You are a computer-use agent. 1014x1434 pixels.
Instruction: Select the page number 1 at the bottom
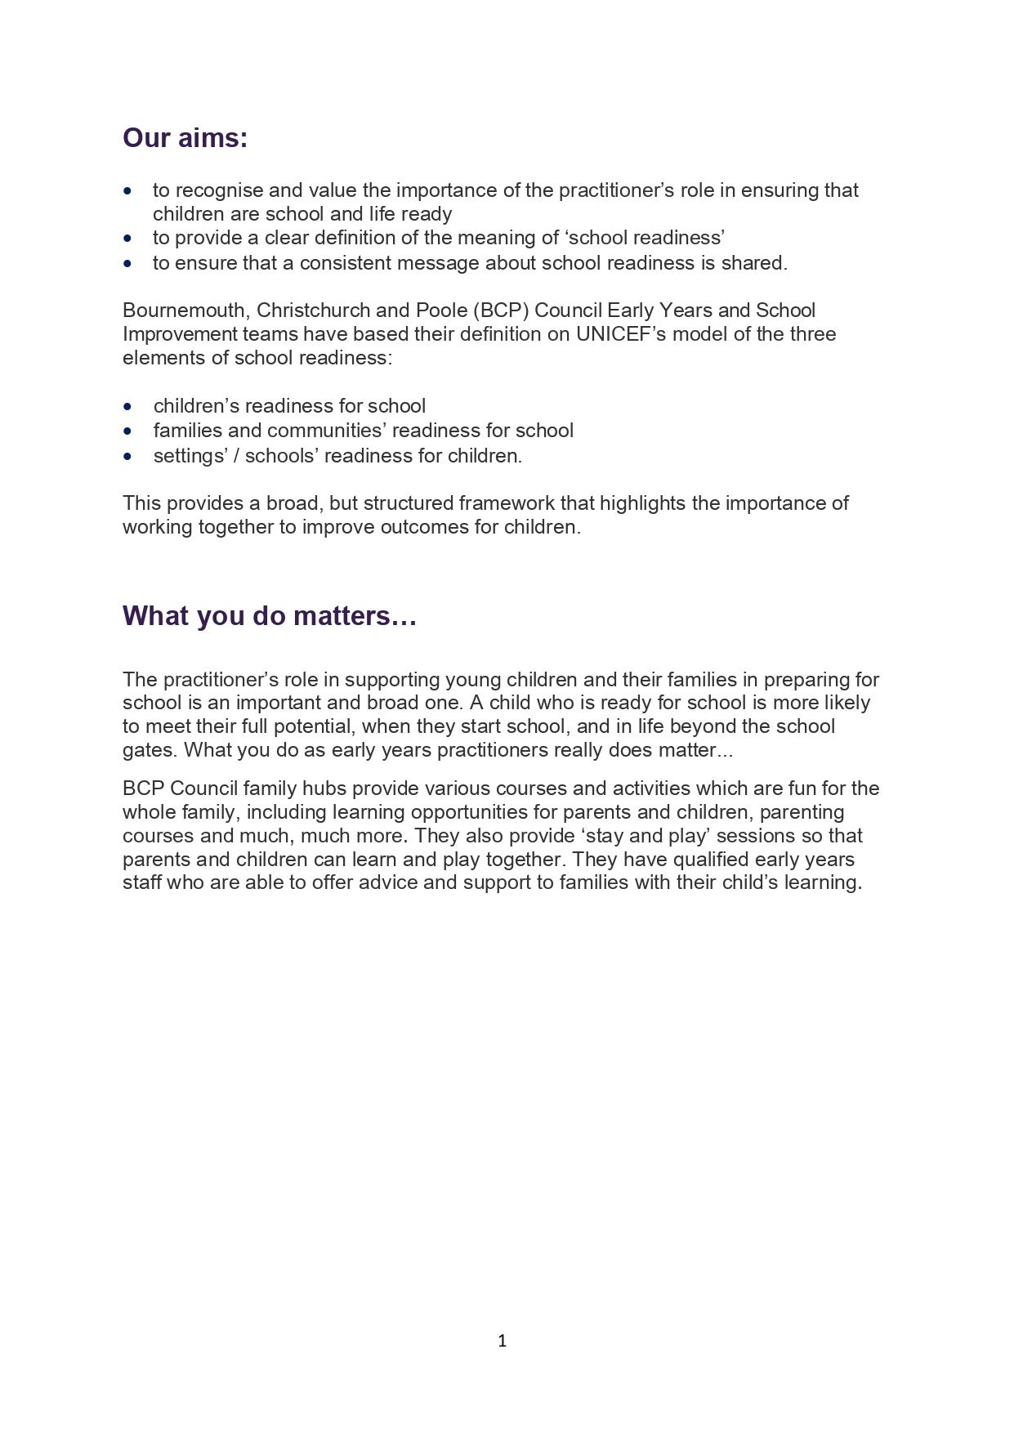pyautogui.click(x=502, y=1340)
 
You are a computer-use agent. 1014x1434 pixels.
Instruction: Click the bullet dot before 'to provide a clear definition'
pyautogui.click(x=127, y=239)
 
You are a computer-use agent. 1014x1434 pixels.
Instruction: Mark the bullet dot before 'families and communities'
pyautogui.click(x=127, y=431)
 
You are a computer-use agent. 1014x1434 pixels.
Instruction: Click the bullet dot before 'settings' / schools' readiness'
pyautogui.click(x=127, y=456)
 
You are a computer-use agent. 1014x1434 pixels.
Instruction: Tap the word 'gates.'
pyautogui.click(x=150, y=750)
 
